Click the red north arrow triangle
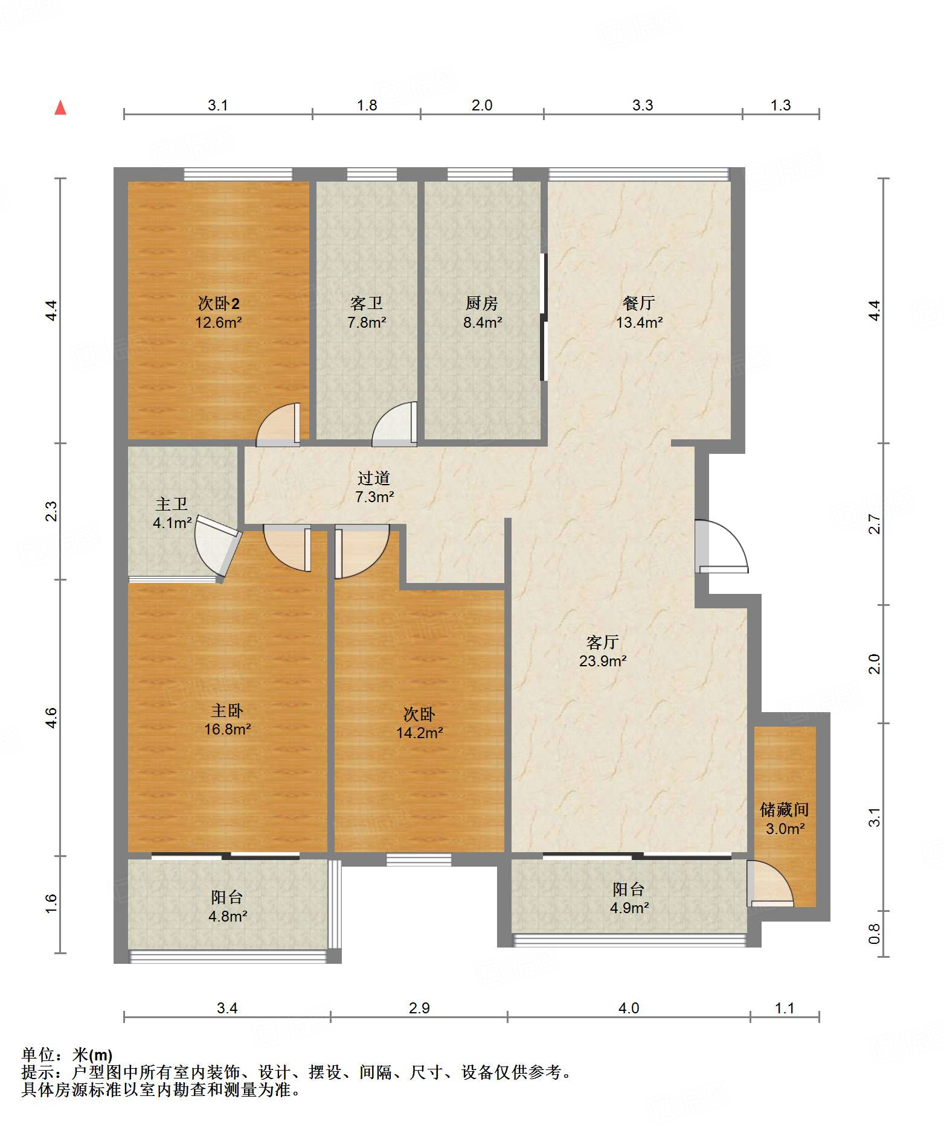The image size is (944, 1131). (60, 107)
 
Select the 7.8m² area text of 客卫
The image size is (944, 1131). (367, 322)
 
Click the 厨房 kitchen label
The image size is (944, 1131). (482, 303)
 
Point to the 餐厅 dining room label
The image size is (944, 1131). (639, 303)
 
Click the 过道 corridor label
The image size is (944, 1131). (374, 478)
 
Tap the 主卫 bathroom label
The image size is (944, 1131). (172, 504)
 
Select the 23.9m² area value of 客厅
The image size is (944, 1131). (603, 661)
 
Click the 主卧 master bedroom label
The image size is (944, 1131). (227, 710)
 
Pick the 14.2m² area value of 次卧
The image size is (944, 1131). (420, 733)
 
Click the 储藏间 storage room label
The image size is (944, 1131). (785, 809)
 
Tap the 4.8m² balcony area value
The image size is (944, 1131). (228, 916)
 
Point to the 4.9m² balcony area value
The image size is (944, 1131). (629, 908)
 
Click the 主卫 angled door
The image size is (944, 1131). (219, 546)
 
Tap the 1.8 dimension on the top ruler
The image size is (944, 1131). (367, 105)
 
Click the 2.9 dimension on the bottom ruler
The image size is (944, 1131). (419, 1008)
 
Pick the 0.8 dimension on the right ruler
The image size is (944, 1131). (874, 934)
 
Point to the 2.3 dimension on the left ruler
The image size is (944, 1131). (51, 511)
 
